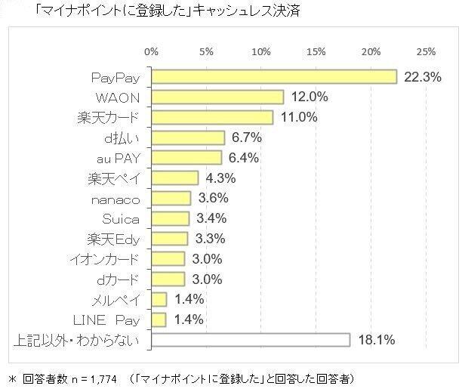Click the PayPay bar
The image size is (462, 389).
coord(274,77)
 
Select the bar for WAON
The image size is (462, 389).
coord(217,97)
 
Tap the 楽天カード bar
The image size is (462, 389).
coord(212,117)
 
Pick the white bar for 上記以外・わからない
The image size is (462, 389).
coord(251,340)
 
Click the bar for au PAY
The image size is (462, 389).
coord(186,158)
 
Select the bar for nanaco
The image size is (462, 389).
coord(171,198)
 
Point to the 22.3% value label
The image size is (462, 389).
coord(422,77)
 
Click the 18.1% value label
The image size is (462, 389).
coord(375,340)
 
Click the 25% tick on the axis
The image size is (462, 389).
coord(426,51)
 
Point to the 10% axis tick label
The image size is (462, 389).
coord(261,51)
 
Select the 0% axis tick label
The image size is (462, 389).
coord(151,51)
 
